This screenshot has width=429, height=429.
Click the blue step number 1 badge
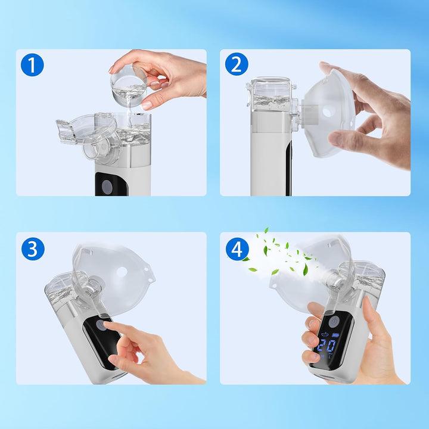(x=32, y=64)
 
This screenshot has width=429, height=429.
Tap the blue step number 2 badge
(x=237, y=64)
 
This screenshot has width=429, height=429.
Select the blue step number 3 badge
(x=33, y=248)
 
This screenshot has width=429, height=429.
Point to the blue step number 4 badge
(x=237, y=248)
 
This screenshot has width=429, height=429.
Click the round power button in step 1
(x=107, y=186)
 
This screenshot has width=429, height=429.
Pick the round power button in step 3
(x=101, y=325)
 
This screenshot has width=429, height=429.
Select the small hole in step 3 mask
(x=121, y=272)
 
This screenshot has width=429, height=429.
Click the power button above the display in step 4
(x=335, y=321)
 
